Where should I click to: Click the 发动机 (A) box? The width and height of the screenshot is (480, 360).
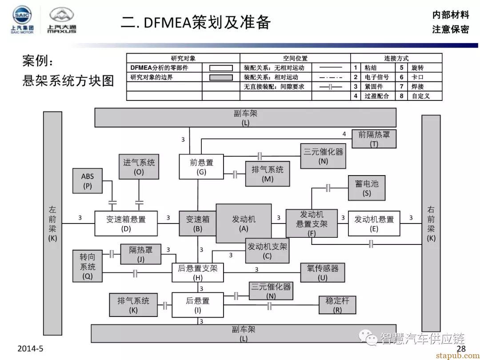pos(244,224)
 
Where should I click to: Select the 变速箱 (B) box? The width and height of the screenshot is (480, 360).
pos(197,224)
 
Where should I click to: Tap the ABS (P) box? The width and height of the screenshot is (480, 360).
pos(88,181)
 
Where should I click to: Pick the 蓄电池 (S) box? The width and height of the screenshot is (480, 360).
pos(367,188)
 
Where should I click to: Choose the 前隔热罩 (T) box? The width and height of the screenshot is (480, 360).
pos(374,139)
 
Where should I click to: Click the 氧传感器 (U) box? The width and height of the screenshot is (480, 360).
pos(322,272)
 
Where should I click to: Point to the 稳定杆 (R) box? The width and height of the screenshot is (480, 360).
pos(337,305)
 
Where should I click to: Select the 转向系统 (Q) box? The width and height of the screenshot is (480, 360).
pos(88,266)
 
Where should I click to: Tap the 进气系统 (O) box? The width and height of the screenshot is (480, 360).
pos(139,167)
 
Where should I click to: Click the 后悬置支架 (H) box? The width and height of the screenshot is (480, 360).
pos(198,272)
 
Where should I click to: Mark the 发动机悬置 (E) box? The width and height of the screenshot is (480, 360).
pos(374,224)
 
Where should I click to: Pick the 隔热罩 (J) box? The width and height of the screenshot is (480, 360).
pos(141,254)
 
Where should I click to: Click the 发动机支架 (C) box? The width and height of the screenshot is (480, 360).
pos(267,251)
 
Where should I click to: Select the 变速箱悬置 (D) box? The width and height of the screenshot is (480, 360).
pos(126,224)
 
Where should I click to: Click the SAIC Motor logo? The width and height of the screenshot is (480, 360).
pos(22,20)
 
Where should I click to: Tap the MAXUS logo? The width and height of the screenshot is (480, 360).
pos(62,20)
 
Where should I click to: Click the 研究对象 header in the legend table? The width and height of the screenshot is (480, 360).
pos(183,58)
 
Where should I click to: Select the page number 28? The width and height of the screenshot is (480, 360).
pos(461,349)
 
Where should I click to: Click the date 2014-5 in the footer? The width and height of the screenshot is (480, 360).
pos(31,349)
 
